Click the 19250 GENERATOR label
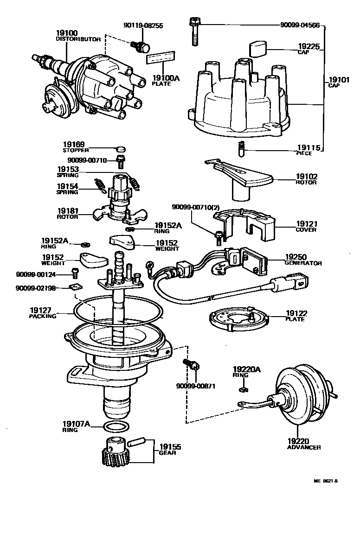tap(303, 260)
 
